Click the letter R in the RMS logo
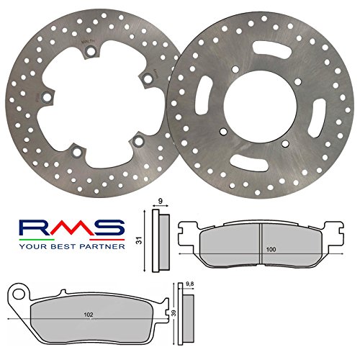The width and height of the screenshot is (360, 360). point(33,228)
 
